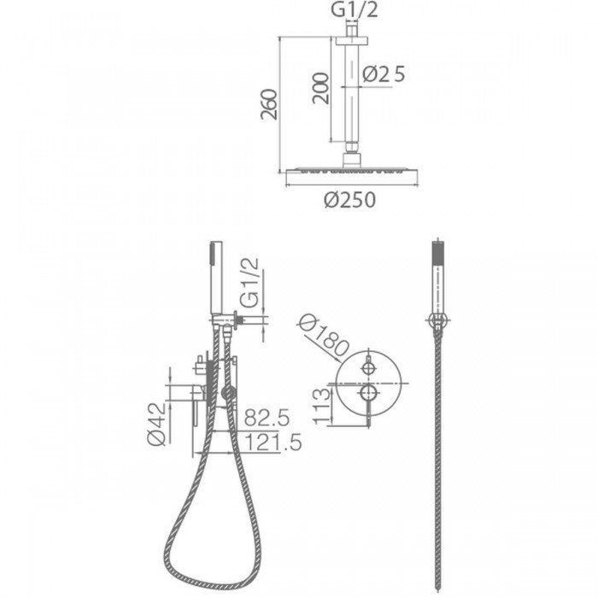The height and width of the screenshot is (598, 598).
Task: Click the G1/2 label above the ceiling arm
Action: coord(355,9)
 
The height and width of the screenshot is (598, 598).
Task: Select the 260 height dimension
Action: coord(269,104)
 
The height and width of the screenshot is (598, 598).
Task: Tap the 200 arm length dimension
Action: coord(320,88)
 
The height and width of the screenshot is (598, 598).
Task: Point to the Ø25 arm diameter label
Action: coord(384,74)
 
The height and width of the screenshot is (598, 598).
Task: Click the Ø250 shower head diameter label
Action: coord(349,200)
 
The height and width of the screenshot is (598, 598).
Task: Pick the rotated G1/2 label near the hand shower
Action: coord(249,283)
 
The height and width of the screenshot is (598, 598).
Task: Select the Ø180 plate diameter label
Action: coord(323,337)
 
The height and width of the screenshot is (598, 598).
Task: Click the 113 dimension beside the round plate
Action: coord(321,406)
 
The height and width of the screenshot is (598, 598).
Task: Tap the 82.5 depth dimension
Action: coord(267,417)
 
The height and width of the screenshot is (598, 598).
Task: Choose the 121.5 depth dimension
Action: coord(273,443)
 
